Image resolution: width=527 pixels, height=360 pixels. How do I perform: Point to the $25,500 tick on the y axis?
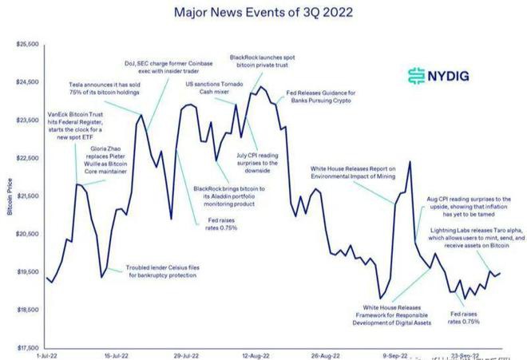point(27,44)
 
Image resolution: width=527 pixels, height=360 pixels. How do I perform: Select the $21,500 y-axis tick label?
point(27,196)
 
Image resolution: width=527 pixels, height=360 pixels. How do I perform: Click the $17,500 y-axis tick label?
point(27,348)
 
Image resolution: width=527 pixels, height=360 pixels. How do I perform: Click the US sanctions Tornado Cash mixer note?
point(214,88)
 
